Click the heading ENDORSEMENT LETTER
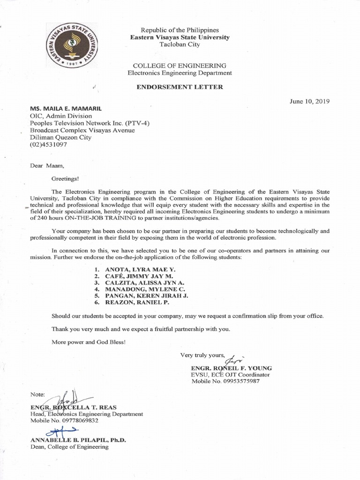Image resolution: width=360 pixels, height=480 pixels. (x=180, y=87)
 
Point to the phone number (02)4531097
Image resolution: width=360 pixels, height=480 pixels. (x=48, y=145)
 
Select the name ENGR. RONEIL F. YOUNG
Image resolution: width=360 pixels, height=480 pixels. (x=232, y=368)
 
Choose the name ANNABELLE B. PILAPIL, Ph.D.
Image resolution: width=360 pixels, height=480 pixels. (x=78, y=440)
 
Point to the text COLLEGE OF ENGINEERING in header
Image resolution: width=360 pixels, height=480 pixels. (x=180, y=66)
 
